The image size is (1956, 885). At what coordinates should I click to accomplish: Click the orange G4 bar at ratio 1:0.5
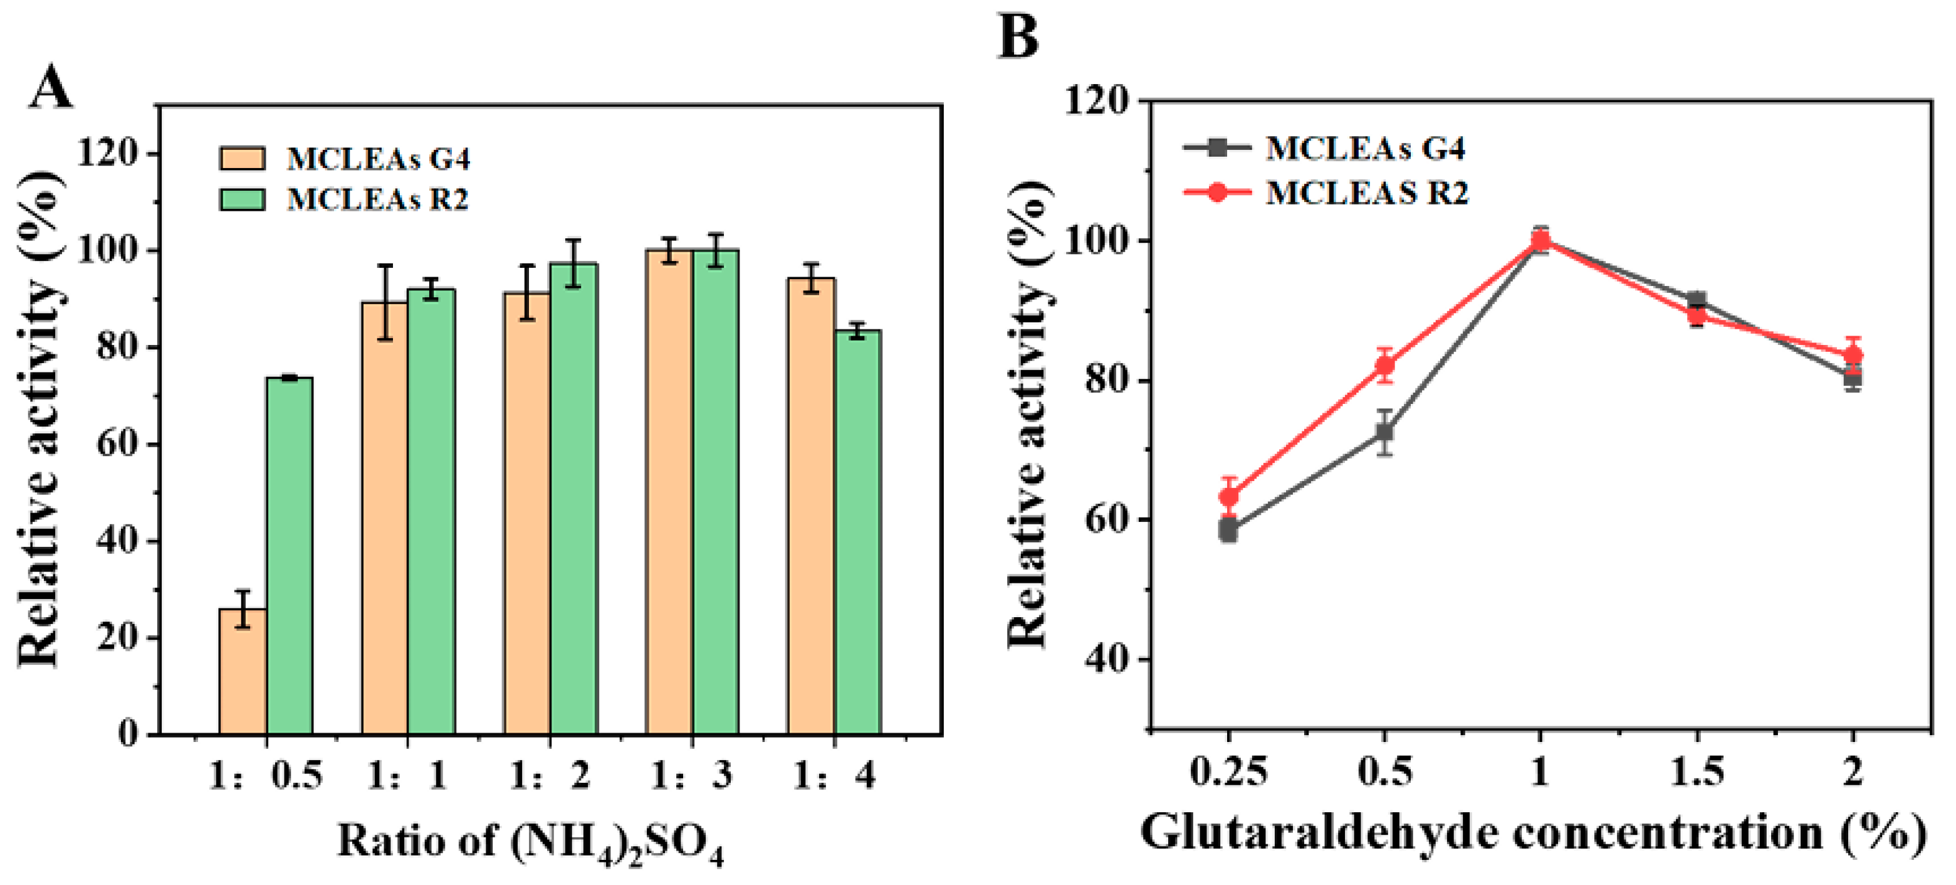pyautogui.click(x=242, y=672)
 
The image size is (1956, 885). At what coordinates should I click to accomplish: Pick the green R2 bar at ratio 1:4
pyautogui.click(x=858, y=532)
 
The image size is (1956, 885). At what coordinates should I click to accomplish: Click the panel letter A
pyautogui.click(x=51, y=88)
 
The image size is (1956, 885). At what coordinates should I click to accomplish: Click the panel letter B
pyautogui.click(x=1018, y=36)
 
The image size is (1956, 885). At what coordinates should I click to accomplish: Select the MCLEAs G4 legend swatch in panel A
pyautogui.click(x=242, y=159)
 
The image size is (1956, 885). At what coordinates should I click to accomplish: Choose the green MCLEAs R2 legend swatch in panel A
pyautogui.click(x=242, y=199)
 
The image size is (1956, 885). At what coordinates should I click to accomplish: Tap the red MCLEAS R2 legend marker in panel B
pyautogui.click(x=1217, y=192)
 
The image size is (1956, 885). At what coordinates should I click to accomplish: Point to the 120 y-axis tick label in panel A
pyautogui.click(x=108, y=154)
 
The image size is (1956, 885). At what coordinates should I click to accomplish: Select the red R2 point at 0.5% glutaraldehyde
pyautogui.click(x=1385, y=366)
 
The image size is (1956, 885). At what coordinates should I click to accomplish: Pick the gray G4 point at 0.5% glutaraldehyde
pyautogui.click(x=1385, y=432)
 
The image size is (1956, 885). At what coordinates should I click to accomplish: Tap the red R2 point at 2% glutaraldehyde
pyautogui.click(x=1853, y=355)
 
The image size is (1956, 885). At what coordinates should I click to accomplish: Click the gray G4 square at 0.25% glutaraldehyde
pyautogui.click(x=1228, y=529)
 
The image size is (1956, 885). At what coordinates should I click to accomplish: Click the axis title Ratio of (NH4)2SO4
pyautogui.click(x=530, y=842)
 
